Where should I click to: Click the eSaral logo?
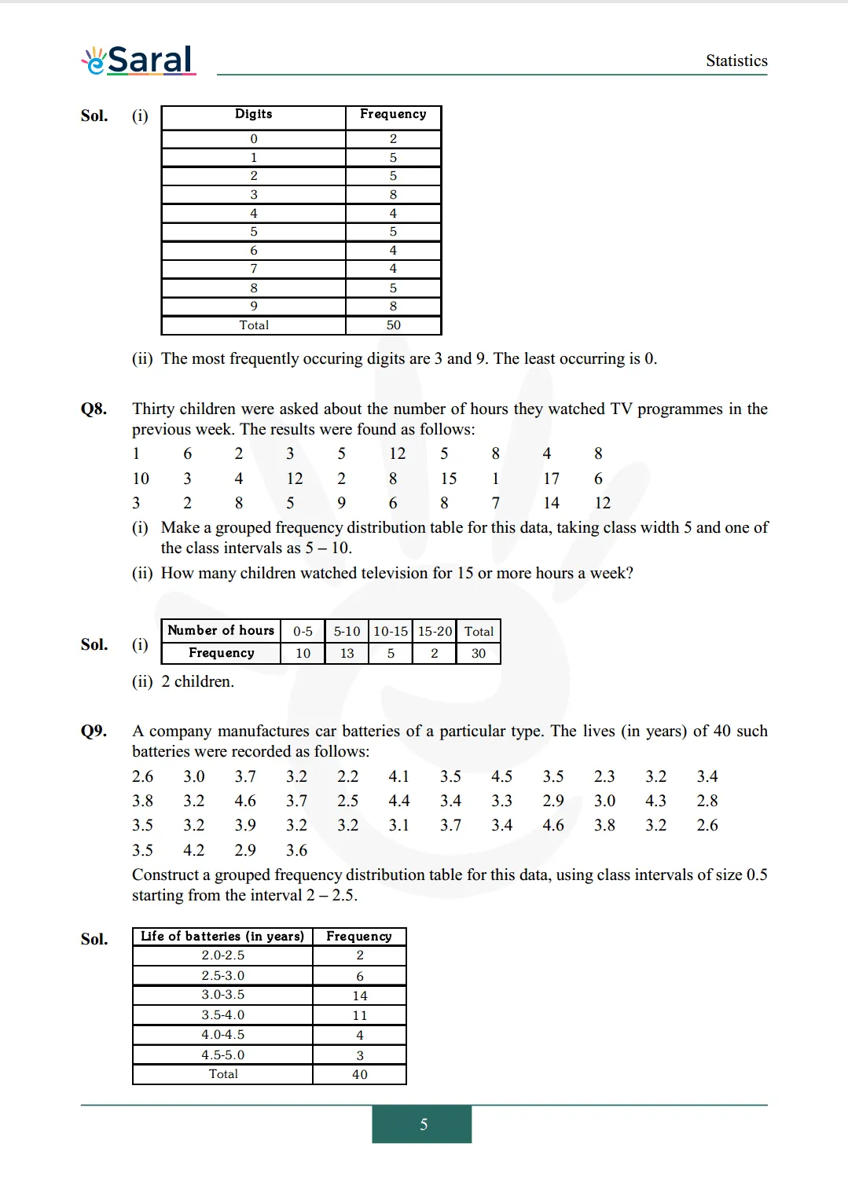(138, 60)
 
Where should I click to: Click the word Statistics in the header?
(736, 61)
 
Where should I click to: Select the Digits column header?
(253, 114)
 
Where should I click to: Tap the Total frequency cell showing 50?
(393, 325)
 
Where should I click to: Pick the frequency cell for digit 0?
(393, 139)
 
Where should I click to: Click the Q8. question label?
(94, 409)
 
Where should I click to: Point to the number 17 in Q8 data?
(551, 479)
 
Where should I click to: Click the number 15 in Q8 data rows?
(448, 479)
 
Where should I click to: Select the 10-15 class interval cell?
(391, 631)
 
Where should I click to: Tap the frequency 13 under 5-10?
(347, 653)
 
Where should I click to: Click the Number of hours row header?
(221, 630)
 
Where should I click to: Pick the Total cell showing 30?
(478, 653)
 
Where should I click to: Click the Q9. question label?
(94, 731)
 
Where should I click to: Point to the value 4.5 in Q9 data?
(501, 776)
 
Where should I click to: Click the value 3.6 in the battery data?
(296, 850)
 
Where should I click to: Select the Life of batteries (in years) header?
(222, 936)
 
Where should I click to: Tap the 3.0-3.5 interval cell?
(222, 995)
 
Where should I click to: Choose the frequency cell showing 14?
(359, 996)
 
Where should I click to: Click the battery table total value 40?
(359, 1074)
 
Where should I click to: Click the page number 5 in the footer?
(423, 1124)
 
